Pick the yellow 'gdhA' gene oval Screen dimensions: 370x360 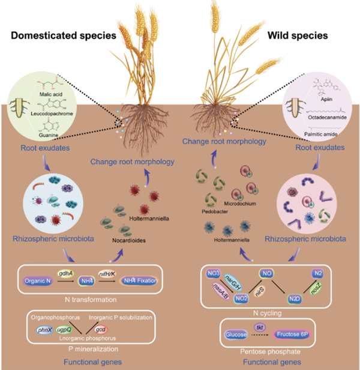(66, 272)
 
